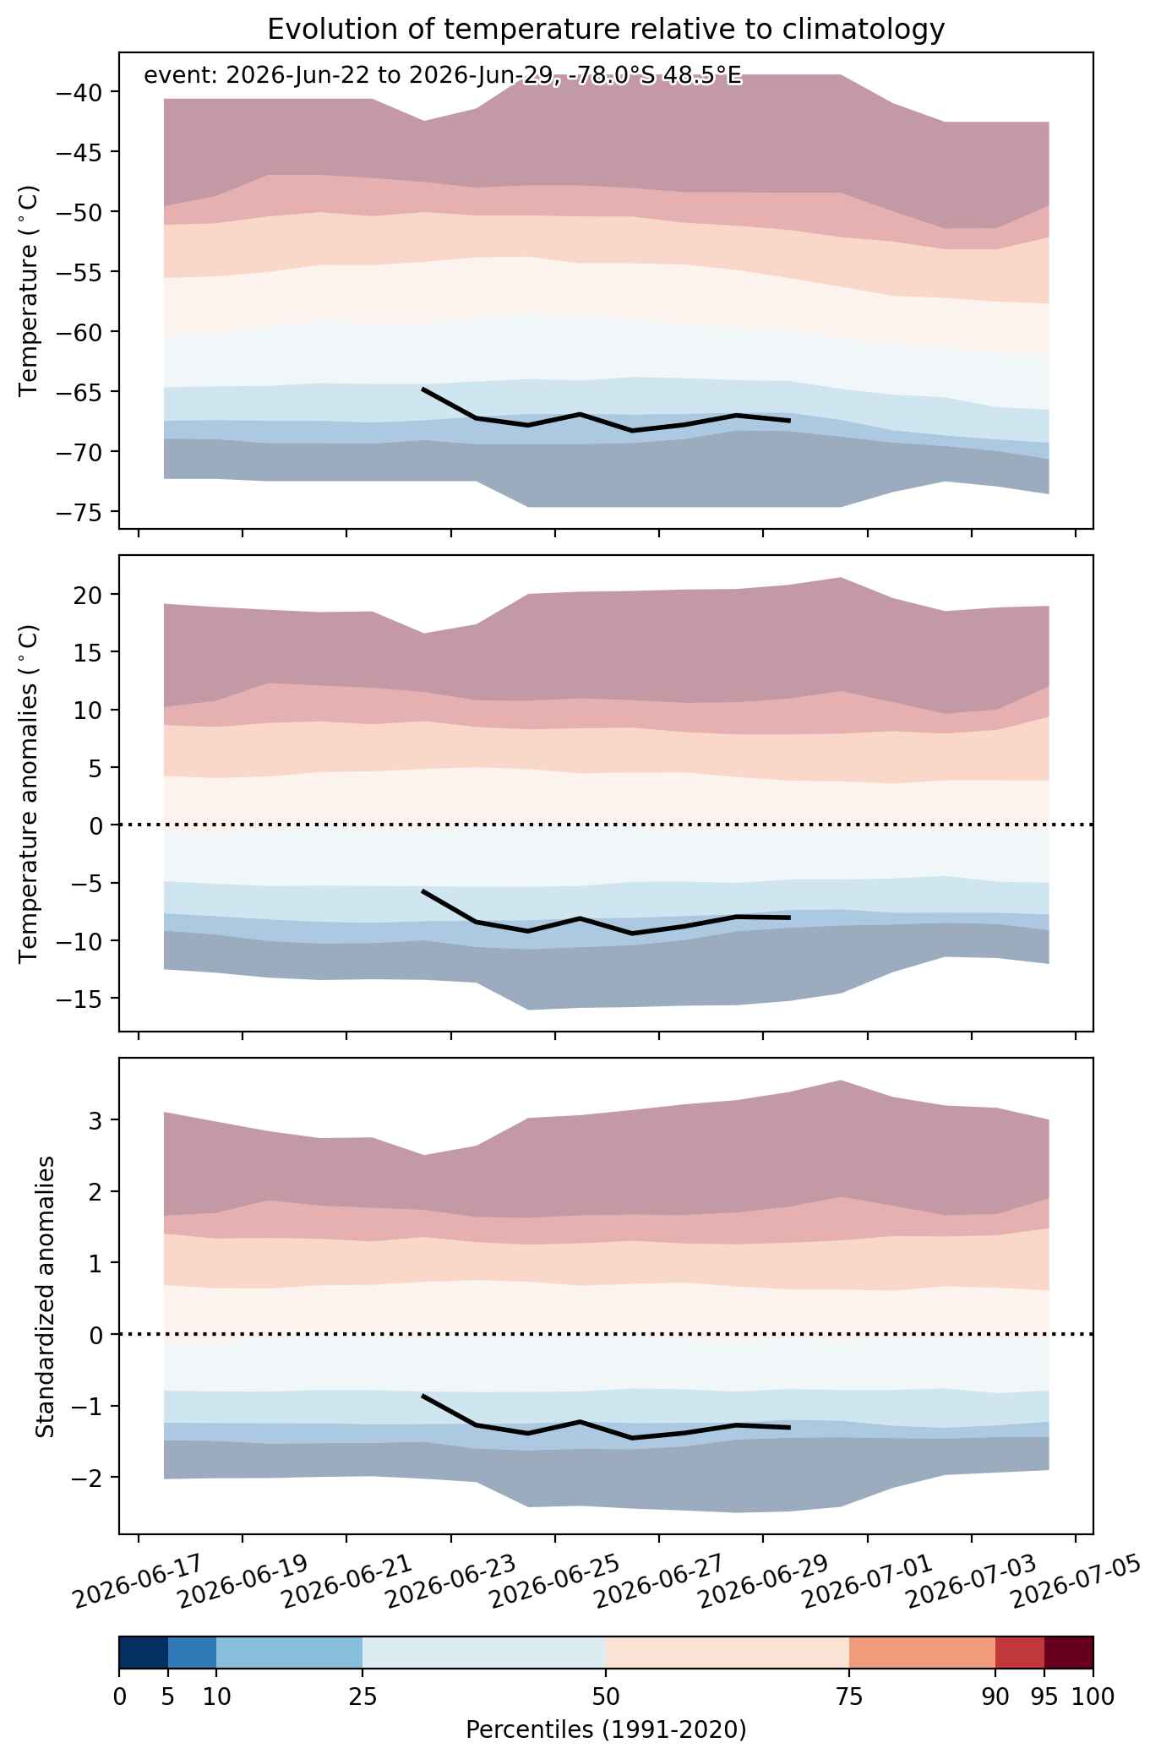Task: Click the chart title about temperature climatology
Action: click(x=606, y=30)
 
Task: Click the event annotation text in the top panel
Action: click(x=443, y=76)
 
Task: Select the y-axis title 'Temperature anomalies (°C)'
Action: click(x=29, y=793)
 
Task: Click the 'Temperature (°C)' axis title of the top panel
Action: click(x=29, y=291)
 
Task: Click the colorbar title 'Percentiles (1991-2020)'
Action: click(x=606, y=1731)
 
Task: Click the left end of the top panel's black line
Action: click(x=422, y=389)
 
